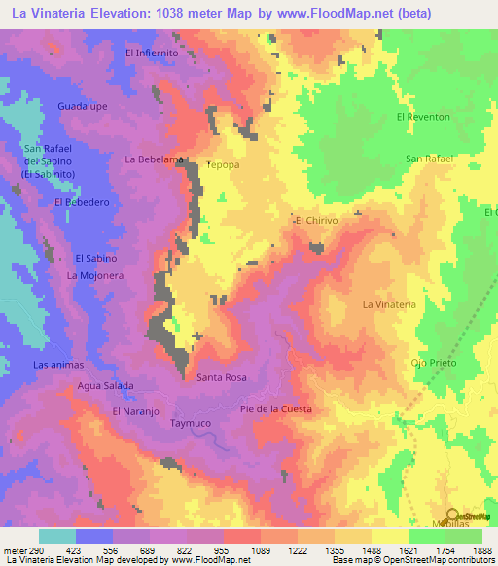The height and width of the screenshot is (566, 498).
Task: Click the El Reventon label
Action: click(423, 117)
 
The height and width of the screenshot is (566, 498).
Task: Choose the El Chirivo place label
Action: click(316, 221)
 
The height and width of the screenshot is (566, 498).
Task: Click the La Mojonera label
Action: click(93, 276)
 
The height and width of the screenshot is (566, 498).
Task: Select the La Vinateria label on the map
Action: click(389, 304)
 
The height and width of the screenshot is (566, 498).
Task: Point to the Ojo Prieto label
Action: click(433, 363)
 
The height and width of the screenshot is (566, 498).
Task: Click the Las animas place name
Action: click(59, 365)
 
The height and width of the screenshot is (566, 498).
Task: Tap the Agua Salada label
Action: click(106, 385)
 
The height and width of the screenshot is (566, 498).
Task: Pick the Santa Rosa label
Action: click(222, 376)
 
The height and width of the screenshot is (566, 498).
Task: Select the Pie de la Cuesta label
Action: click(276, 409)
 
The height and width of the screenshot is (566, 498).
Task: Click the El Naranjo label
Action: click(135, 411)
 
